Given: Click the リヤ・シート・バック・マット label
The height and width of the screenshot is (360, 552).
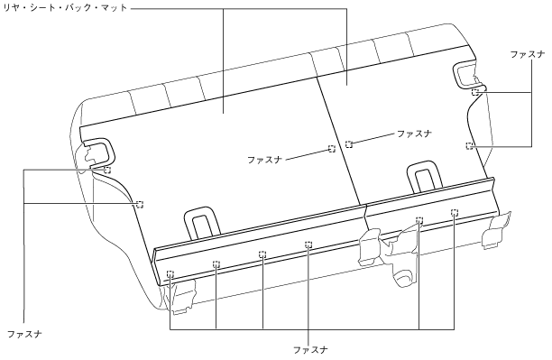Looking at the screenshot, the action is [x=65, y=7].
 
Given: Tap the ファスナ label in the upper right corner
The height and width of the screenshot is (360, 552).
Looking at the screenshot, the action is [x=527, y=54].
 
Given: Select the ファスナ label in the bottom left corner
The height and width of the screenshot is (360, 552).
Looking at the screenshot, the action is [x=24, y=334].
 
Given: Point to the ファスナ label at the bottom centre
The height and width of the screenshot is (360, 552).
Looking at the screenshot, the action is [x=310, y=350].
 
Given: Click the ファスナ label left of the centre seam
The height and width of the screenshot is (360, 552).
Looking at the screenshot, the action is [x=265, y=160].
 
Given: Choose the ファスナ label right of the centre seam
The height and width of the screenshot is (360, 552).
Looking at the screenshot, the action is [x=414, y=134].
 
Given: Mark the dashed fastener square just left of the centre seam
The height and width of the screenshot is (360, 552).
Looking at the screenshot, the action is [x=331, y=149].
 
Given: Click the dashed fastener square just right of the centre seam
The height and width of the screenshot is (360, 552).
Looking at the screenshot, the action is [x=348, y=143].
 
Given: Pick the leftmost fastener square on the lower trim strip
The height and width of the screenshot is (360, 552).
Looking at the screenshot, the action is [x=170, y=273].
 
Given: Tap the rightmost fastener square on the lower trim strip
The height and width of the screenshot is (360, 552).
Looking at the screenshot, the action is [x=454, y=212].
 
